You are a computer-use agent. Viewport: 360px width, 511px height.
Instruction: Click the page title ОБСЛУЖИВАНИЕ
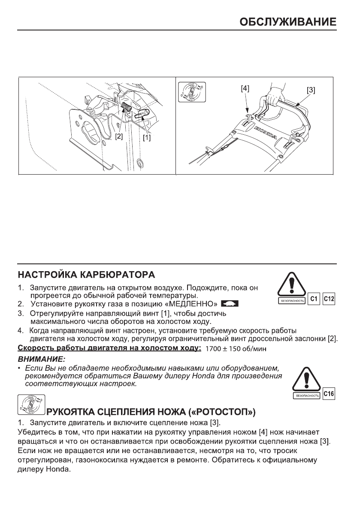pyautogui.click(x=287, y=22)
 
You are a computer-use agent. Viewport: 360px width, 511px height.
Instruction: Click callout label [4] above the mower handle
pyautogui.click(x=245, y=88)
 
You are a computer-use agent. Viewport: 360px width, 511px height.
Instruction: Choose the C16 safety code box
pyautogui.click(x=329, y=393)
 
